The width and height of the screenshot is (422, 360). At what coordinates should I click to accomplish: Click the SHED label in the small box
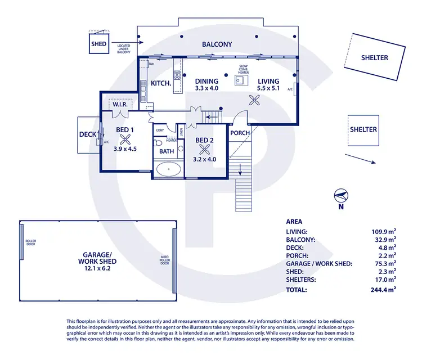[98, 44]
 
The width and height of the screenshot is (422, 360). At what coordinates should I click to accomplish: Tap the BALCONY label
[217, 44]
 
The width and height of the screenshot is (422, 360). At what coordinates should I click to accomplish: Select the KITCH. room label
[161, 84]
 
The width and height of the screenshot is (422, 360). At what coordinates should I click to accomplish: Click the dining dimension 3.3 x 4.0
[206, 88]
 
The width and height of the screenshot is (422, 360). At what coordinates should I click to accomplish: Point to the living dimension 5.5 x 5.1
[268, 88]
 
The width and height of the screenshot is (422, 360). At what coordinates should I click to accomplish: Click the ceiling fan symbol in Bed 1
[125, 139]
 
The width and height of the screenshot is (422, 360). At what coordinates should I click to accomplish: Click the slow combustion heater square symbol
[241, 80]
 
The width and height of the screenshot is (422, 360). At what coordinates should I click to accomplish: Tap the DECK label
[88, 135]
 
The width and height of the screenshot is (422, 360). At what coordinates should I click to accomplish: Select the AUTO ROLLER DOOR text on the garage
[164, 260]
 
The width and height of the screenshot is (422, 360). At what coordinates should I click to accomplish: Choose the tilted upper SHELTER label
[374, 57]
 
